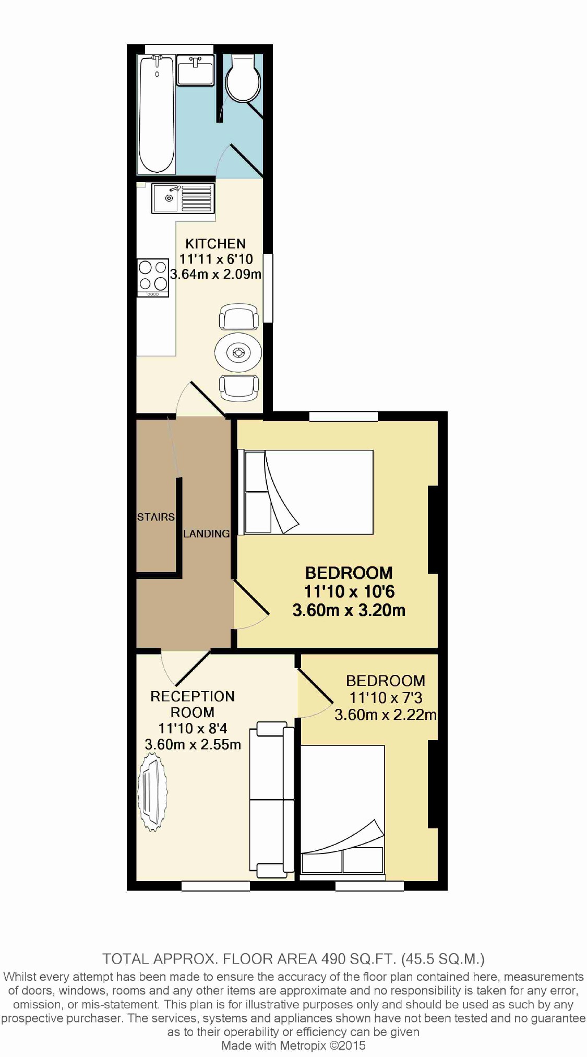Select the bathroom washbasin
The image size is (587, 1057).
coord(195,70)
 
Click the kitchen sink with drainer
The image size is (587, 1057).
coord(183,198)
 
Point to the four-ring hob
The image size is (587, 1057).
coord(153,277)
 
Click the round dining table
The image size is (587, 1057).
coord(238,352)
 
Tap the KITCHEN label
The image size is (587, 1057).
coord(215,244)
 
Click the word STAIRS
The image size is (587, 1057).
coord(155,517)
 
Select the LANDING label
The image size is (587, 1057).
coord(206,533)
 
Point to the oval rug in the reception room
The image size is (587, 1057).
coord(152,794)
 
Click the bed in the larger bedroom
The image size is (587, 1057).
coord(308,492)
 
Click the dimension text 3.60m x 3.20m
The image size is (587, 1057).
coord(349,610)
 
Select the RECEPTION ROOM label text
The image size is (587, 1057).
coord(193,704)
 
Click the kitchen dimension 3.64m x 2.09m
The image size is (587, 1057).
coord(215,274)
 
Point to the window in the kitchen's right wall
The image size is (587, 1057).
coord(268,288)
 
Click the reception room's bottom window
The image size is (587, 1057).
coord(215,885)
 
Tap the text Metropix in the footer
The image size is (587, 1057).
coord(303,1045)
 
